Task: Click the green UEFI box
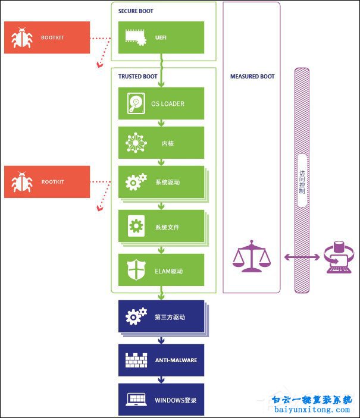point(161,37)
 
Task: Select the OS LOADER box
point(161,103)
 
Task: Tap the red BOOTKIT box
point(47,37)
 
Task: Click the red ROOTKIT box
point(47,181)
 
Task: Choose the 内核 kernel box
point(161,143)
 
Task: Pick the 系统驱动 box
point(161,182)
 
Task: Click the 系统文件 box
point(161,227)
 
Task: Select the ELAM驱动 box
point(161,271)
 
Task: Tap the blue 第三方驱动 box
point(161,317)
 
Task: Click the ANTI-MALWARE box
point(161,360)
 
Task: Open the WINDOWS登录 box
point(161,399)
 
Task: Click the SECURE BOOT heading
point(136,11)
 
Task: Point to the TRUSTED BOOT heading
point(138,76)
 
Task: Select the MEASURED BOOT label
point(252,76)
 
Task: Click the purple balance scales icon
point(251,256)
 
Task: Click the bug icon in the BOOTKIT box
point(23,38)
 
